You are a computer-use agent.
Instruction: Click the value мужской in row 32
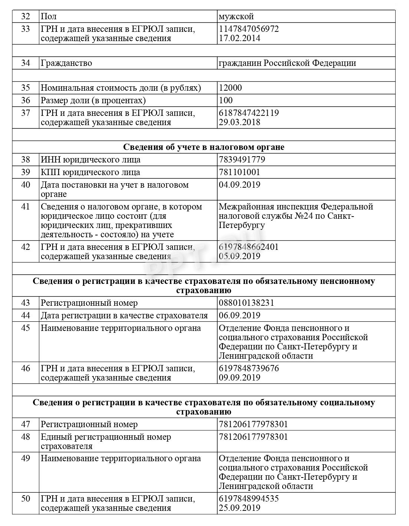236,17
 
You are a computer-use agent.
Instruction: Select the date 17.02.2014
239,38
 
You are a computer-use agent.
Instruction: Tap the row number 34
25,63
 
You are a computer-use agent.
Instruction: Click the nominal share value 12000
230,88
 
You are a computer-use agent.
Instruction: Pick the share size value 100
226,101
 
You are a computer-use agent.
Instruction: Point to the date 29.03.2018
239,123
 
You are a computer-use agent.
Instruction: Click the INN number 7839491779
242,160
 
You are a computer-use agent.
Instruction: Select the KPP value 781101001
239,172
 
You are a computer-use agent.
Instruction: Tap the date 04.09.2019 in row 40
239,185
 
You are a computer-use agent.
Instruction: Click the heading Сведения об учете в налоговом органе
204,147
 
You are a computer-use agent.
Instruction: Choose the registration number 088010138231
246,303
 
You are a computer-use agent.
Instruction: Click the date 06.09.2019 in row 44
239,316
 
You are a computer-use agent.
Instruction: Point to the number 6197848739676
249,369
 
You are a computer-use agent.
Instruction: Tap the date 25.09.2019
239,508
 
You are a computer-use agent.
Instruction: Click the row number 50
25,499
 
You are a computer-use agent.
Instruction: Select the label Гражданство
66,63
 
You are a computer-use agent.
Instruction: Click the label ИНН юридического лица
90,160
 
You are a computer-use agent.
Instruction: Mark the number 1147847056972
249,29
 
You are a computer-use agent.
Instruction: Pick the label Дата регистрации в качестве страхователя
124,316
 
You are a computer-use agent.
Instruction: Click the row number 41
25,207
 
